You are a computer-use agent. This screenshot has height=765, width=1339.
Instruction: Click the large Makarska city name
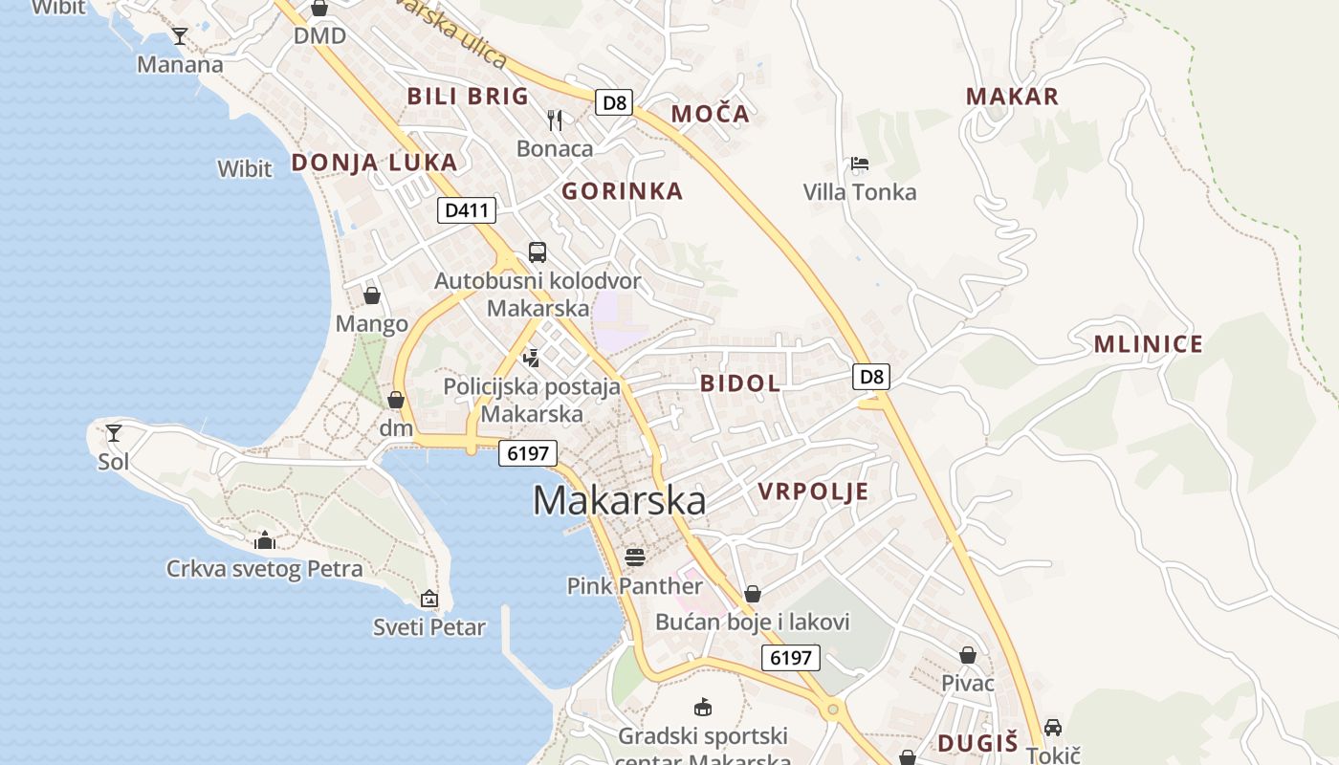tap(619, 500)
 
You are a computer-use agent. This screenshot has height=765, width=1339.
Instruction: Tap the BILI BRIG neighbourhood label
tap(468, 96)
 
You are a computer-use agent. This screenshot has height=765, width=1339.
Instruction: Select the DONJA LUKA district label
tap(374, 163)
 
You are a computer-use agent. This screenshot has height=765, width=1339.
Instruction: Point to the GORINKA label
tap(622, 191)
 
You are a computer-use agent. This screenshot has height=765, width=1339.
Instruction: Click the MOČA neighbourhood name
tap(710, 114)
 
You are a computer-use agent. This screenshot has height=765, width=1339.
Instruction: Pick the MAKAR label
tap(1012, 97)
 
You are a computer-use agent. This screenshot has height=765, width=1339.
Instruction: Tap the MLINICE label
tap(1148, 345)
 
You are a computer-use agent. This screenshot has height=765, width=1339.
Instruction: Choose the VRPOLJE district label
tap(813, 492)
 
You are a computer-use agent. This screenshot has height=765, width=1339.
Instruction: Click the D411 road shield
tap(466, 209)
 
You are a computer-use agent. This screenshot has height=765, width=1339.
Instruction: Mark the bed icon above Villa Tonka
tap(860, 164)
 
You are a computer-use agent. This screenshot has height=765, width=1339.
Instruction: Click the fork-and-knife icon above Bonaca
tap(555, 120)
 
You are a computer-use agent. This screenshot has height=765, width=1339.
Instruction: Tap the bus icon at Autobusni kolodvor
tap(538, 252)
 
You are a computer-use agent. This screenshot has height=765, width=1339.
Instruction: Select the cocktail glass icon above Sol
tap(114, 433)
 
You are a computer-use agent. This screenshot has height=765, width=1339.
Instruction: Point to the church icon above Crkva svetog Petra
tap(265, 541)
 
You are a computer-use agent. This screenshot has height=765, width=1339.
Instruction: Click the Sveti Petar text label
tap(429, 628)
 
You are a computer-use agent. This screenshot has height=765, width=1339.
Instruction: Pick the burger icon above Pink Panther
tap(635, 557)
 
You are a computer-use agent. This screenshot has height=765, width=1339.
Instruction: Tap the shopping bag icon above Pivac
tap(968, 655)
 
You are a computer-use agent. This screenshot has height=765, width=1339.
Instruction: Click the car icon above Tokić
tap(1053, 727)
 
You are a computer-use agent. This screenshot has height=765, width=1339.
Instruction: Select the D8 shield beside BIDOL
tap(871, 376)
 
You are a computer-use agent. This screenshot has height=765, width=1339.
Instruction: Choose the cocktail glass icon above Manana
tap(179, 36)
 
